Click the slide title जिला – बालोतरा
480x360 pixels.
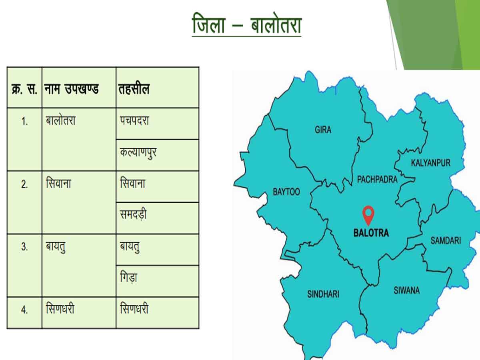(246, 25)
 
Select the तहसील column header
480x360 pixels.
(134, 89)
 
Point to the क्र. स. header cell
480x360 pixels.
(24, 89)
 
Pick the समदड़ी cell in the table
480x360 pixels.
(133, 215)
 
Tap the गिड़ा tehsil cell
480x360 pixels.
(128, 278)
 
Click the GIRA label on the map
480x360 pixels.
(323, 130)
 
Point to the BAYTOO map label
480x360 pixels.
(286, 192)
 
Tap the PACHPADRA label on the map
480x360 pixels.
(377, 179)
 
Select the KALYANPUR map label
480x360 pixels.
(430, 163)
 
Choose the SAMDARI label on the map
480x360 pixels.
(445, 240)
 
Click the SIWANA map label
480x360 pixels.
(406, 290)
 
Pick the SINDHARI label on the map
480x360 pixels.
(323, 294)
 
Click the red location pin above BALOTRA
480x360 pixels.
(368, 214)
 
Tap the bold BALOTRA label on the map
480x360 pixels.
(371, 233)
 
